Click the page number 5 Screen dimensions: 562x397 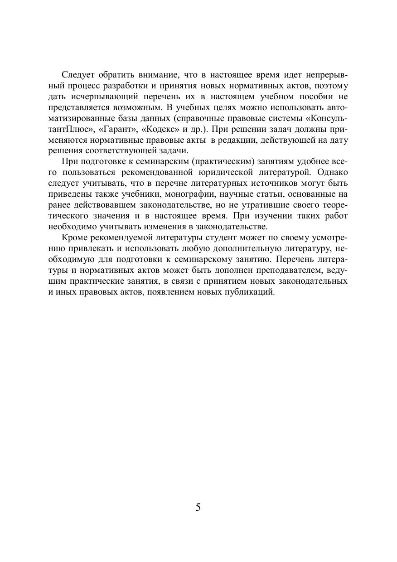(x=198, y=507)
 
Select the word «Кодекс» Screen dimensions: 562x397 (x=161, y=129)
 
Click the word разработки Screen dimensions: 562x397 (x=123, y=86)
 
